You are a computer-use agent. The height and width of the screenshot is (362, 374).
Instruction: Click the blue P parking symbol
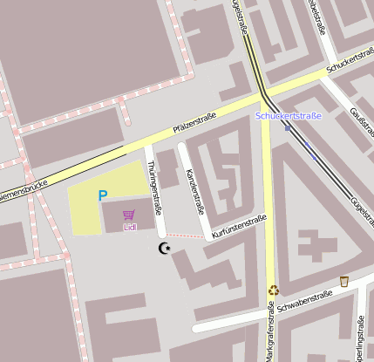[103, 196]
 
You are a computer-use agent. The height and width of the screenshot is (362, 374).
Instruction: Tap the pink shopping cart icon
[129, 215]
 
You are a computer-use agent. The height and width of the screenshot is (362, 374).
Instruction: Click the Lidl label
[130, 227]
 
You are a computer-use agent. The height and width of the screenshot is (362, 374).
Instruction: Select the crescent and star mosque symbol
[163, 249]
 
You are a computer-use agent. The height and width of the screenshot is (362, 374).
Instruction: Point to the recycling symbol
[274, 290]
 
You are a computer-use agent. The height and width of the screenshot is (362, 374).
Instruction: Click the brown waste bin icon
[344, 281]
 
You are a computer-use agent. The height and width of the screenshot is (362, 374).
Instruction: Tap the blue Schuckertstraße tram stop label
[288, 116]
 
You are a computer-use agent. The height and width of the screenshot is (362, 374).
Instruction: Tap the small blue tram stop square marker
[288, 127]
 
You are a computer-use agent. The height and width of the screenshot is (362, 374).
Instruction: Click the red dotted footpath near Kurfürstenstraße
[185, 235]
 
